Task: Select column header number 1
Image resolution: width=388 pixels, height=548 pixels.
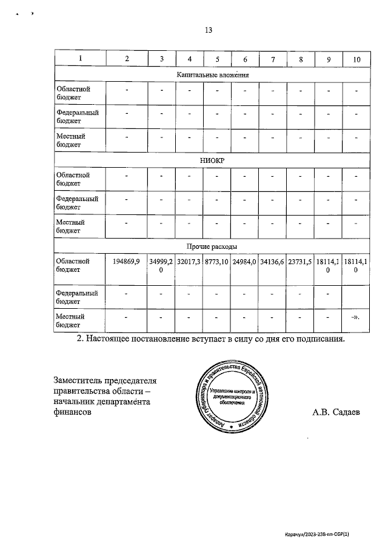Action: coord(80,59)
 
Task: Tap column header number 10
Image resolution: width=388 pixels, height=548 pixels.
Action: coord(356,59)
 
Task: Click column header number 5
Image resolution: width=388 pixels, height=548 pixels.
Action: coord(217,59)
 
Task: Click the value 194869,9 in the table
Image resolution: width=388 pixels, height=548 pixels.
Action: coord(126,262)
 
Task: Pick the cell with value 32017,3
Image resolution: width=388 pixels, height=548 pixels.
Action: coord(189,262)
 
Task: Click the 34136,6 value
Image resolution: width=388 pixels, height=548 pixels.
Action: coord(272,262)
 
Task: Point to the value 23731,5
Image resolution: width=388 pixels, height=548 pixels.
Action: coord(300,262)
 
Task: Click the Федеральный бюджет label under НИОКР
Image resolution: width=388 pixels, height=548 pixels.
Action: coord(77,202)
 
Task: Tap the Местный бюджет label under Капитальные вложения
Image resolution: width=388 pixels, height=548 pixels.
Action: coord(70,140)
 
